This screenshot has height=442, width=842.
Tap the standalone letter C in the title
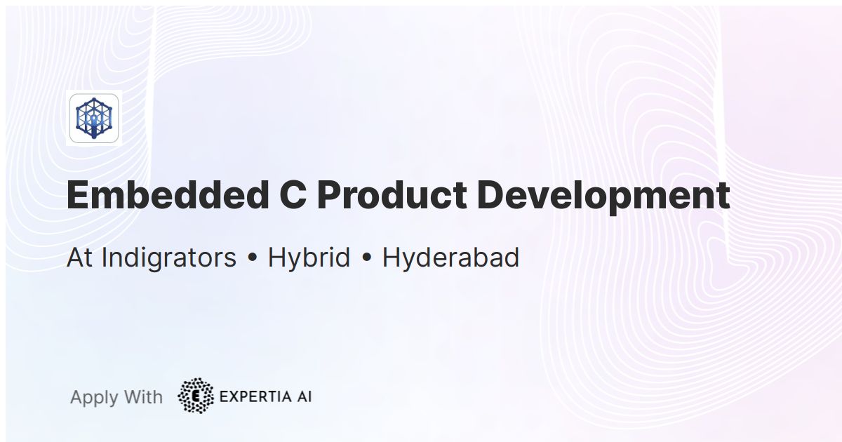point(288,196)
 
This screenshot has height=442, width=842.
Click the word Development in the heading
point(603,197)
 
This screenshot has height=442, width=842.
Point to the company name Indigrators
point(168,258)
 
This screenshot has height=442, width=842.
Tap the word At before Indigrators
point(80,258)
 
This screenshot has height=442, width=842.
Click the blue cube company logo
point(94,117)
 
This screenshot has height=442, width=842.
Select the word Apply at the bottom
point(94,398)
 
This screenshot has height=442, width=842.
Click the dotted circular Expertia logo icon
point(196,396)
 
